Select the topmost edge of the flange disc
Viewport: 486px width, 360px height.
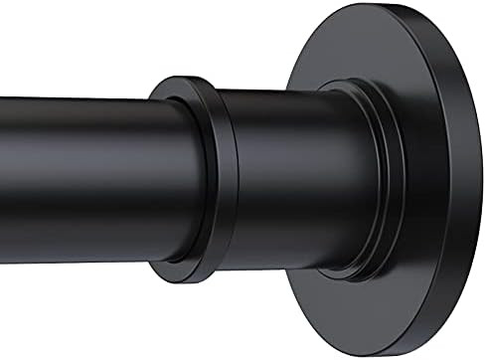pyautogui.click(x=398, y=8)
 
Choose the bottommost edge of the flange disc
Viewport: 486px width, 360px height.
pyautogui.click(x=398, y=351)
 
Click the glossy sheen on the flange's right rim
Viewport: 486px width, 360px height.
pyautogui.click(x=467, y=119)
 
